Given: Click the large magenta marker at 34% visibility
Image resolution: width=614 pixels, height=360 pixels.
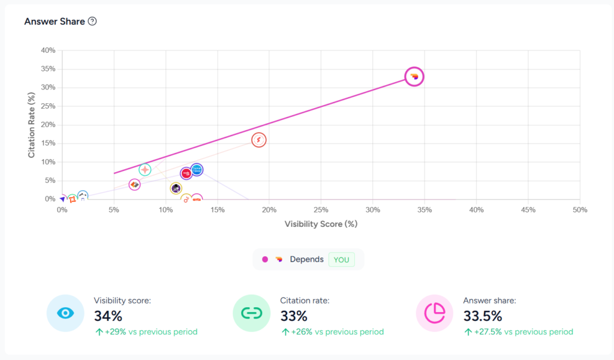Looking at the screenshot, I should click(x=414, y=76).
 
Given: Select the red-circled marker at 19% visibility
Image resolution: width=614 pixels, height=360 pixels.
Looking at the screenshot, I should click(x=258, y=140).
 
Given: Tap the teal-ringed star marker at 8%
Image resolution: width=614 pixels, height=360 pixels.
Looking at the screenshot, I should click(x=145, y=170).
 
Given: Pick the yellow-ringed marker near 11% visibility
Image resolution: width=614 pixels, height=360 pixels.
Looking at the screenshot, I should click(x=176, y=188).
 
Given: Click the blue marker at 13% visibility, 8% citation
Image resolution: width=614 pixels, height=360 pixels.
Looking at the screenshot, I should click(x=197, y=170).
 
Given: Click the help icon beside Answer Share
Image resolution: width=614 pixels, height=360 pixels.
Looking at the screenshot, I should click(x=92, y=21).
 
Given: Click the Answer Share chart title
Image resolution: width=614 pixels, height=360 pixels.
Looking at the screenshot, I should click(x=55, y=21).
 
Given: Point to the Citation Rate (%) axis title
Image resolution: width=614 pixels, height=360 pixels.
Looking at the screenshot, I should click(x=32, y=125).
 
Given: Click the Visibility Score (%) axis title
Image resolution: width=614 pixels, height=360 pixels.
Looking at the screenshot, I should click(x=321, y=224).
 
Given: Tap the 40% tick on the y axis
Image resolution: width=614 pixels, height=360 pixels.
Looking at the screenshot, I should click(x=47, y=50).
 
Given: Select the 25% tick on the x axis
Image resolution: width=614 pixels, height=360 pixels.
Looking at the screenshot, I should click(x=321, y=209).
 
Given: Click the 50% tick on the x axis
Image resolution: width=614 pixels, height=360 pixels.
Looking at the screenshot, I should click(x=580, y=209).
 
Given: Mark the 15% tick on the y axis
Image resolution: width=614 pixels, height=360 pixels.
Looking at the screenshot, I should click(x=47, y=143).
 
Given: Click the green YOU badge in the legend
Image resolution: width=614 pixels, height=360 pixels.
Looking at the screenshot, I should click(x=341, y=259).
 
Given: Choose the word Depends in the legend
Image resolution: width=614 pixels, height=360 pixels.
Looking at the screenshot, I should click(x=306, y=259).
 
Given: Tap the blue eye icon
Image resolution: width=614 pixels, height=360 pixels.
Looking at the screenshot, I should click(x=65, y=313).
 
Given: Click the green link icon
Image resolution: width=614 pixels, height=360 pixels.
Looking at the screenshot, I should click(x=251, y=313).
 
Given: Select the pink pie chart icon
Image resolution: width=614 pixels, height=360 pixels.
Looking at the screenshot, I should click(x=435, y=313).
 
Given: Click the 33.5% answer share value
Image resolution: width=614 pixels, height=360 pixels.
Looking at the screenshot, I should click(x=483, y=316).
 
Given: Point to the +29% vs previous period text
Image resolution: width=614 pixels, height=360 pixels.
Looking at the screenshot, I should click(x=146, y=332).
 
